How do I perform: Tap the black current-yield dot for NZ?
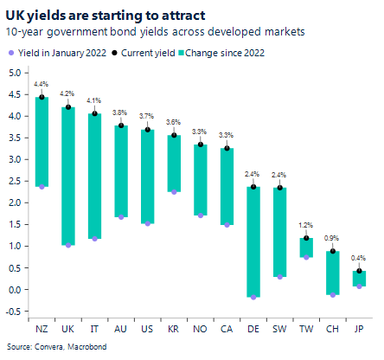click(x=42, y=98)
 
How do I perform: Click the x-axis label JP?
click(x=359, y=330)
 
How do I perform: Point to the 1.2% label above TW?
click(x=307, y=225)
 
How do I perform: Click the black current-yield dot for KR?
click(x=174, y=135)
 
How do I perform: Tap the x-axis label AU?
click(x=121, y=330)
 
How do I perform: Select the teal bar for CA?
click(x=227, y=186)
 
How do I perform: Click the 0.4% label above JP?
click(x=359, y=258)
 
